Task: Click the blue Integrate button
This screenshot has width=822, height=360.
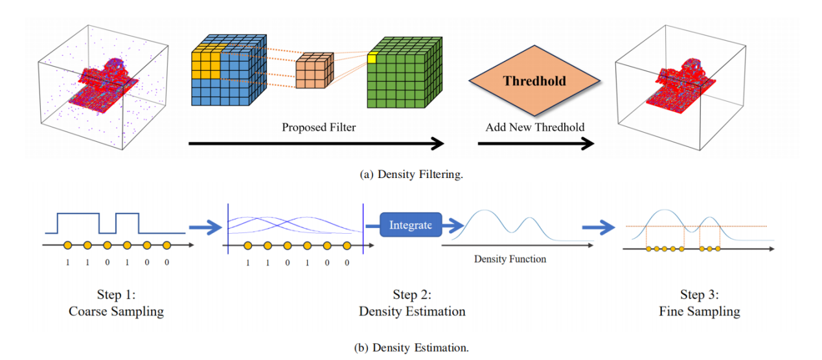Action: coord(411,225)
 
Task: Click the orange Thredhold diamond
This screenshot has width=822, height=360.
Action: coord(534,82)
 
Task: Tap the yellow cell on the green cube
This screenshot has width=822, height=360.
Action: coord(372,59)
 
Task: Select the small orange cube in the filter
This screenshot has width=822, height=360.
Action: coord(314,71)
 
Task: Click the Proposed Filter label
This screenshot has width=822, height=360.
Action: coord(319,128)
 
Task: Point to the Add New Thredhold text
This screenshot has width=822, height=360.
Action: coord(534,128)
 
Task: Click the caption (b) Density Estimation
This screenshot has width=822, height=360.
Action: coord(411,348)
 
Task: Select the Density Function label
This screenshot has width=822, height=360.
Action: coord(510,259)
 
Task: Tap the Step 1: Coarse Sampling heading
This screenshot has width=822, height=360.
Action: coord(116,303)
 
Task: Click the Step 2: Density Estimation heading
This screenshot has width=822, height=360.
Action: coord(412,303)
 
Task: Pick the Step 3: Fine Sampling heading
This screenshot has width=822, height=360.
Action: coord(700,303)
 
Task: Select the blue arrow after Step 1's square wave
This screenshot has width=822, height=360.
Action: coord(205,227)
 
